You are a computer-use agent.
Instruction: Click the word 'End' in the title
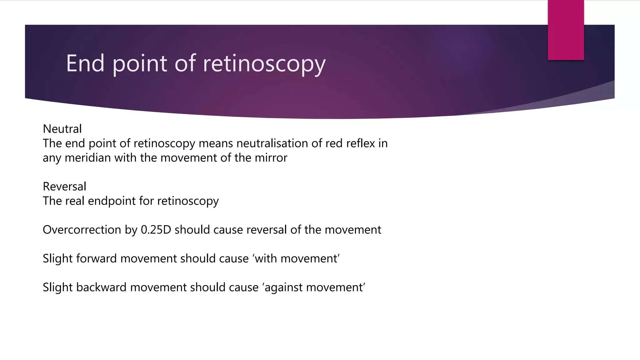[x=85, y=63]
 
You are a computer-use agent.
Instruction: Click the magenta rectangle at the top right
[x=566, y=30]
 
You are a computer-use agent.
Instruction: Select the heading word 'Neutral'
[x=62, y=129]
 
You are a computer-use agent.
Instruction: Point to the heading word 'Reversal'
[x=64, y=187]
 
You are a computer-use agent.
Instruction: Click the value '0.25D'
[x=156, y=230]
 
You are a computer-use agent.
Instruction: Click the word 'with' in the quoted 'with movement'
[x=266, y=259]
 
